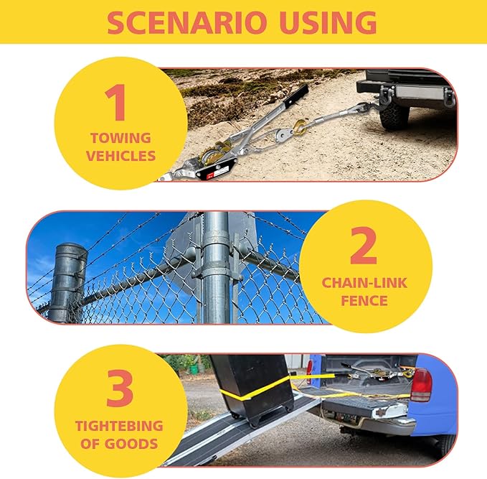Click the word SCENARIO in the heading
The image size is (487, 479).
187,22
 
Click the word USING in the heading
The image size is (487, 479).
328,22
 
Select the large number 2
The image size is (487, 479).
364,245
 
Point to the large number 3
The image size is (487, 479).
120,388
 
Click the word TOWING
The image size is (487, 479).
120,138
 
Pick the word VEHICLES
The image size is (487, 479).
120,156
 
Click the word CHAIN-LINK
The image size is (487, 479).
364,283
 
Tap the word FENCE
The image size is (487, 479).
364,301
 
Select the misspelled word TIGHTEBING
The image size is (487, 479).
119,426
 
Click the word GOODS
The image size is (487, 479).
131,444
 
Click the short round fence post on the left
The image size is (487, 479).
67,282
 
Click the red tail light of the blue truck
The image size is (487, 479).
421,385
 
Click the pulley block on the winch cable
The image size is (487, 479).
283,135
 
